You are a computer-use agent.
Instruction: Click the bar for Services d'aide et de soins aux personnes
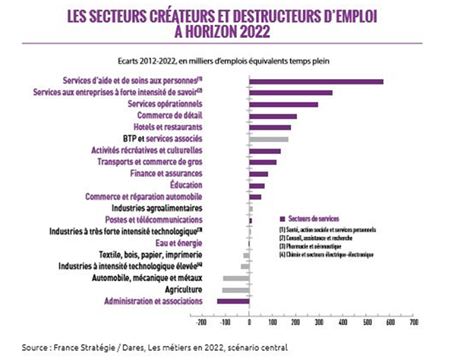coord(316,81)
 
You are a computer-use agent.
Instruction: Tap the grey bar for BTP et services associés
coord(268,139)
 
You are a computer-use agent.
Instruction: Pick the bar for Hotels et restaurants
coord(270,128)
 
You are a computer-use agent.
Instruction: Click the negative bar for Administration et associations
coord(233,302)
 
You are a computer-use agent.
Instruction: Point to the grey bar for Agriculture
coord(235,290)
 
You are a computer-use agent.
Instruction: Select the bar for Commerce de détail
coord(273,116)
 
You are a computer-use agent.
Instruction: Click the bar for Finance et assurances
coord(258,174)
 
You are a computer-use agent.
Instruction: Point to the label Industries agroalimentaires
coord(156,208)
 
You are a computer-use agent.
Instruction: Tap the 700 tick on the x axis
coord(414,322)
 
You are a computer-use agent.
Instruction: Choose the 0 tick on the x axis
coord(248,322)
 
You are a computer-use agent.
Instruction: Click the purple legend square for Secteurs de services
coord(282,219)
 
